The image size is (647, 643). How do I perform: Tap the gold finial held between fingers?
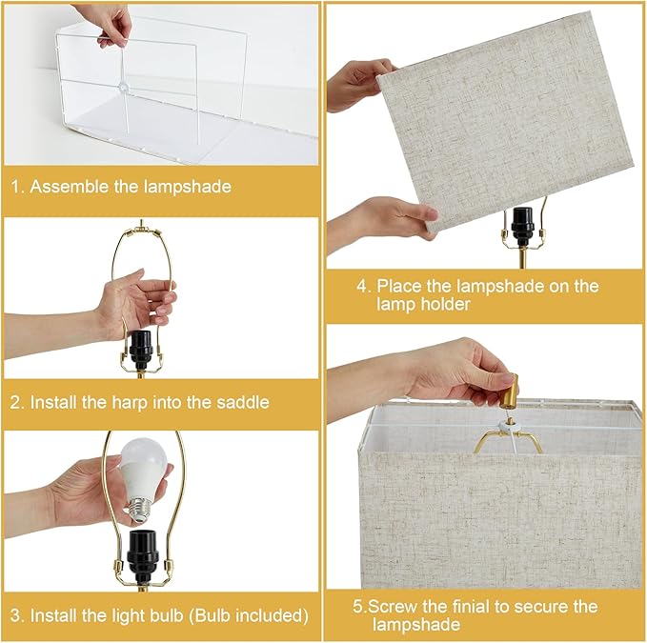tap(512, 390)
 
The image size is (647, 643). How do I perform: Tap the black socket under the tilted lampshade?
tap(522, 227)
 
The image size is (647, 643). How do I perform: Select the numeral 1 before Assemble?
tap(15, 187)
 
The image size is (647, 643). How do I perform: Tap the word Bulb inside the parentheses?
tap(212, 615)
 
